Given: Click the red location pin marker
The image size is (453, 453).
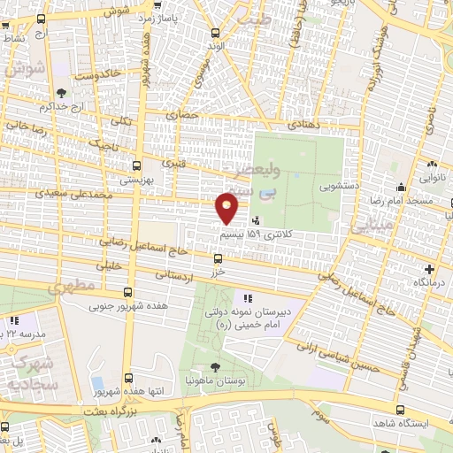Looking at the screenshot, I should [x=227, y=209].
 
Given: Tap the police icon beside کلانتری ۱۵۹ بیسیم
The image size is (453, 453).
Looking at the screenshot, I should [x=256, y=221].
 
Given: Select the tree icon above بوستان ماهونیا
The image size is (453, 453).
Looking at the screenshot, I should [x=215, y=367].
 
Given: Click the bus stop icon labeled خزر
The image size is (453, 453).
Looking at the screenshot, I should [x=218, y=258].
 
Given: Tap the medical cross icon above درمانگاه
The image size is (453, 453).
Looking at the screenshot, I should [x=430, y=269].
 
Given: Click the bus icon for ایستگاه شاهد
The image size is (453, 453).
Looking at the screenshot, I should [x=402, y=411].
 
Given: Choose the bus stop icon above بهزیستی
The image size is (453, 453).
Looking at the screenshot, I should [x=136, y=165].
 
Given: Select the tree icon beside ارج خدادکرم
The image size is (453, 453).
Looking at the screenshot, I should [x=60, y=92].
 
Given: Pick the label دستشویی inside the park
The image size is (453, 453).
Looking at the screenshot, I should [x=313, y=187].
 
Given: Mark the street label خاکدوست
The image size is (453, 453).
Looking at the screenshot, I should [x=97, y=74].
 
